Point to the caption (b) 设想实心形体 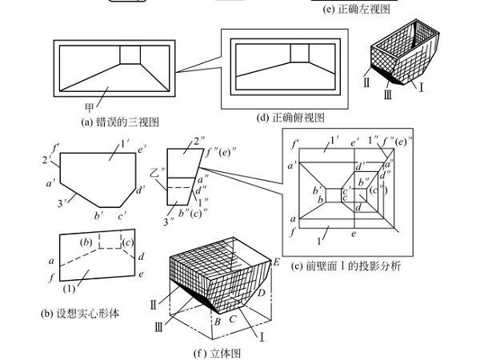click(x=79, y=313)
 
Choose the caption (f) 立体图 click(x=218, y=351)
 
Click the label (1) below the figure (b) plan click(x=70, y=287)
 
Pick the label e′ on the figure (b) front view click(x=141, y=150)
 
